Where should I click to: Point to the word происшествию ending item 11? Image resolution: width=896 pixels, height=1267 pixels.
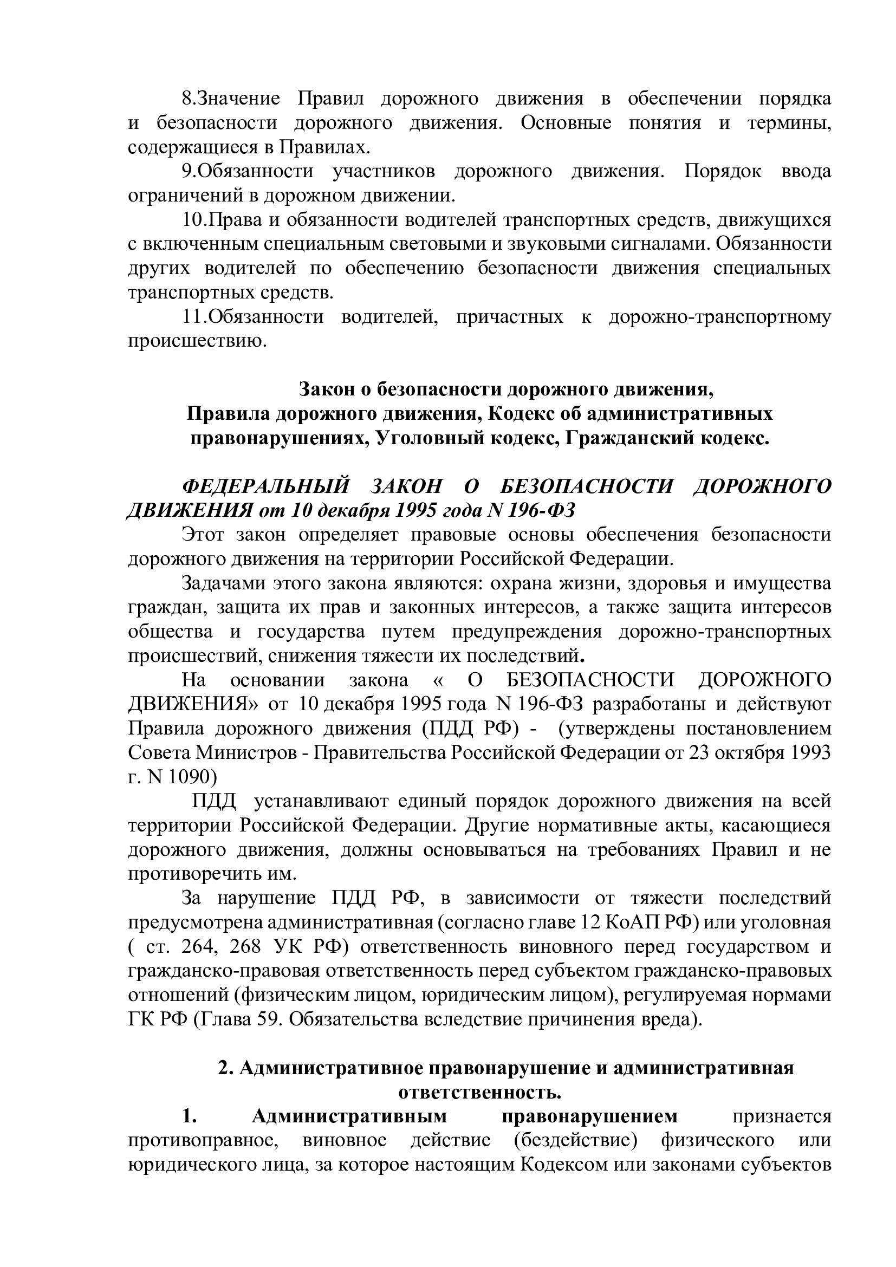(x=197, y=341)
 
